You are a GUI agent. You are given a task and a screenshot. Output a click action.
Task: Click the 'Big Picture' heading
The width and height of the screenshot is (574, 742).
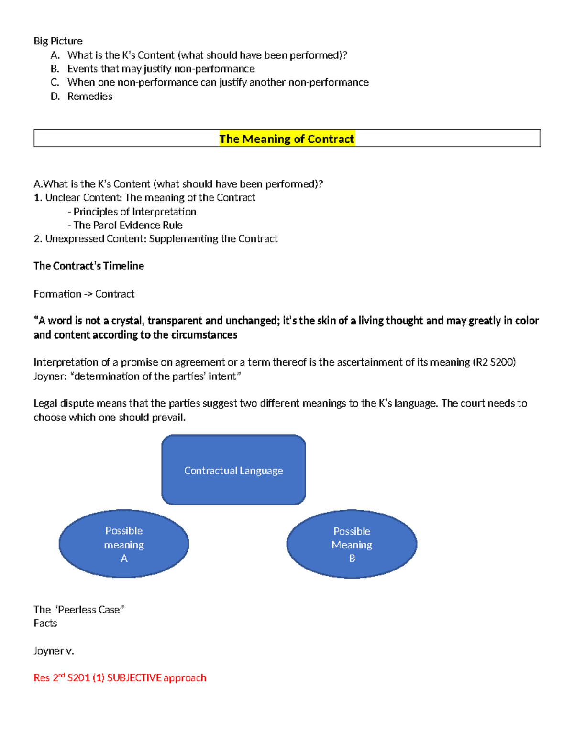tap(58, 41)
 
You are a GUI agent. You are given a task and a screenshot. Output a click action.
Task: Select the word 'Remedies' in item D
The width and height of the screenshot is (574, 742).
tap(90, 97)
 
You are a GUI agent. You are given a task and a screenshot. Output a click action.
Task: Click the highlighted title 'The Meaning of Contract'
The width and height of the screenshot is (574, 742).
tap(287, 139)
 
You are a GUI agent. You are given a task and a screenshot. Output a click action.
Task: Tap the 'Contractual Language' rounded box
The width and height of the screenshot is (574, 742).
tap(233, 471)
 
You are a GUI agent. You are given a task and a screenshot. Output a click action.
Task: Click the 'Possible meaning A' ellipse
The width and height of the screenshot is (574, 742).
tap(124, 544)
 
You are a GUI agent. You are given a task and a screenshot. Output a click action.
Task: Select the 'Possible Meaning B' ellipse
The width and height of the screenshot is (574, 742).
tap(352, 545)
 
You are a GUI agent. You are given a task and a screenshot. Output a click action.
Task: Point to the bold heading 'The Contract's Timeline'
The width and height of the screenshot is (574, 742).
tap(88, 266)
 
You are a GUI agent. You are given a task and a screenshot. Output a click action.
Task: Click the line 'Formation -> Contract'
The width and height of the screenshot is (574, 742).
tap(84, 294)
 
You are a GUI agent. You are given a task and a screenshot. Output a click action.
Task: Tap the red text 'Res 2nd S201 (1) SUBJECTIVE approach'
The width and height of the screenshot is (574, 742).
tap(120, 678)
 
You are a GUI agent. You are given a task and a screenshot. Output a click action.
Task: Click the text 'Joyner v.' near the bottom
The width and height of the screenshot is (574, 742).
tap(54, 651)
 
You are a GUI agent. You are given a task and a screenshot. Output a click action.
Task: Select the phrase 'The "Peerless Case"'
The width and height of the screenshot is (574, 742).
tap(79, 610)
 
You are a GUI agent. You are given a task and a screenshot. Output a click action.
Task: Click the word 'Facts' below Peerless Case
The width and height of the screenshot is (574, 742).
tap(45, 624)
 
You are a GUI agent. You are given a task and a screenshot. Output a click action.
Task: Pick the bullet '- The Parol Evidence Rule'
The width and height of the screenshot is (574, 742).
tap(125, 226)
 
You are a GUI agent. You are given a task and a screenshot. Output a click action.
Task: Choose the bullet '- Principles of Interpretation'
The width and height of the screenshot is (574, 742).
tap(132, 212)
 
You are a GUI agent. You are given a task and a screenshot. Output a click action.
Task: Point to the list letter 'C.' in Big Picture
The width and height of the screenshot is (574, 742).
tap(55, 83)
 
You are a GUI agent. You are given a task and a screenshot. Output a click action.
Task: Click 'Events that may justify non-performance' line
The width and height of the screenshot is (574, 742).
tap(161, 69)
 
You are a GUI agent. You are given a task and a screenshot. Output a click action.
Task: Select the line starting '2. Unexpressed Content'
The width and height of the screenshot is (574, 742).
tap(155, 239)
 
